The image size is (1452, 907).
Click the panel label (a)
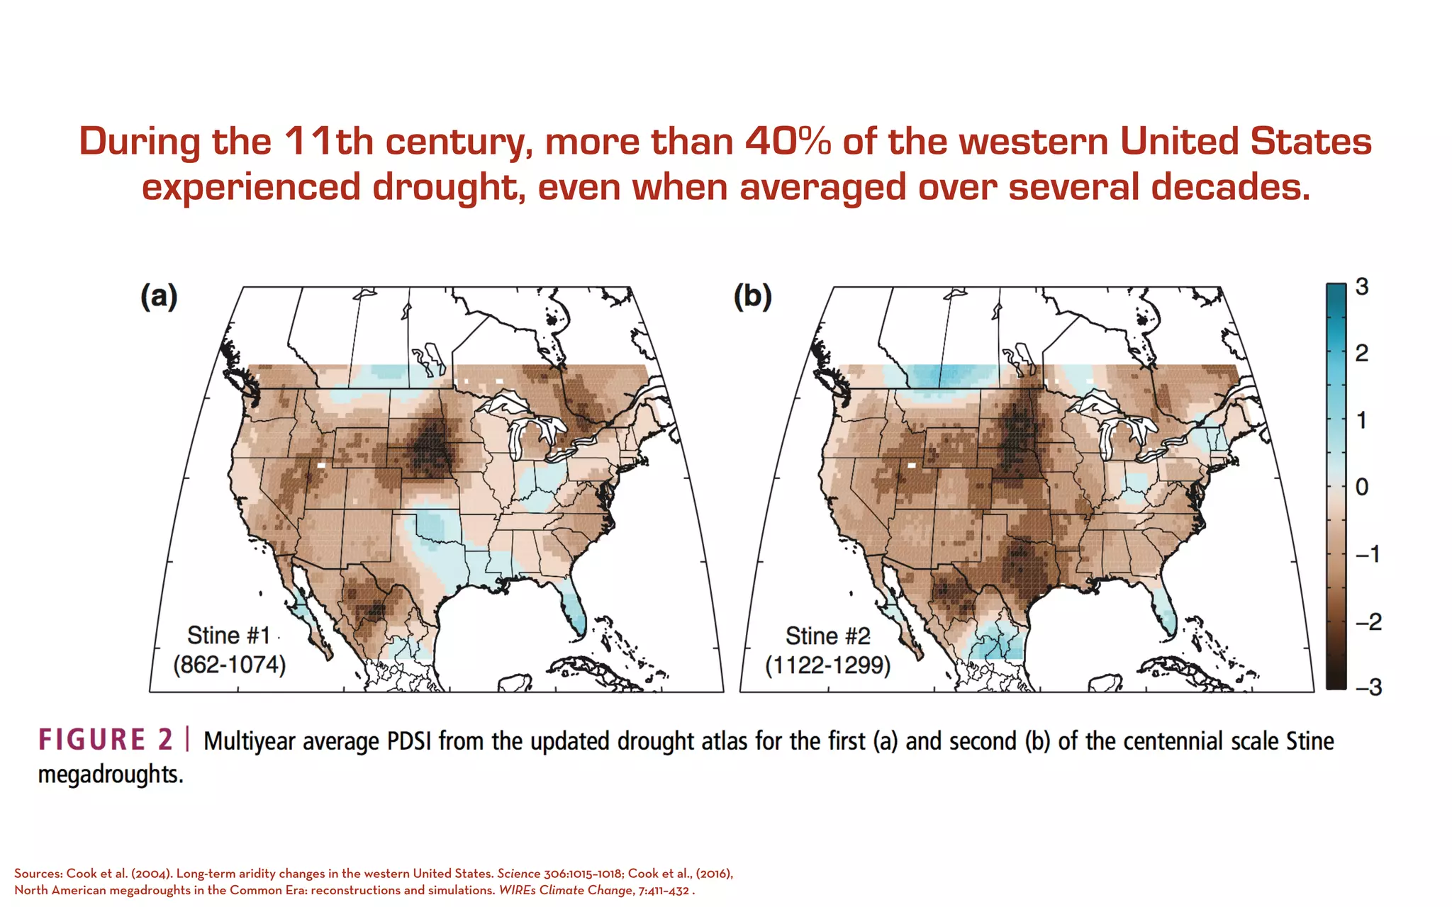click(159, 296)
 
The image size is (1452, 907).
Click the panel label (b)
click(752, 296)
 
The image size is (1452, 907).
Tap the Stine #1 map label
click(228, 636)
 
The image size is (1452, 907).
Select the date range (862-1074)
click(230, 665)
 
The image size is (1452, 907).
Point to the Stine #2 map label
click(827, 636)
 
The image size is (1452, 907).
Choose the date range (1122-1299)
click(827, 665)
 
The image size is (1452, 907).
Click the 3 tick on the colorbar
click(1362, 287)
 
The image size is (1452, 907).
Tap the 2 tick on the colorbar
click(1362, 353)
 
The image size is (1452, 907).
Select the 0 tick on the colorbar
click(1362, 487)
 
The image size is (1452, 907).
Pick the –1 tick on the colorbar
click(1368, 553)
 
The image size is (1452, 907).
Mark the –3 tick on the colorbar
click(1368, 687)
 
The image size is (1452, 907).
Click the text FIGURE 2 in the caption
click(106, 740)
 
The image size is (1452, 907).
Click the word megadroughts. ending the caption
click(111, 774)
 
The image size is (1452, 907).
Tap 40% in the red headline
click(788, 141)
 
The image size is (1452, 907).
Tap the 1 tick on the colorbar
click(1362, 420)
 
